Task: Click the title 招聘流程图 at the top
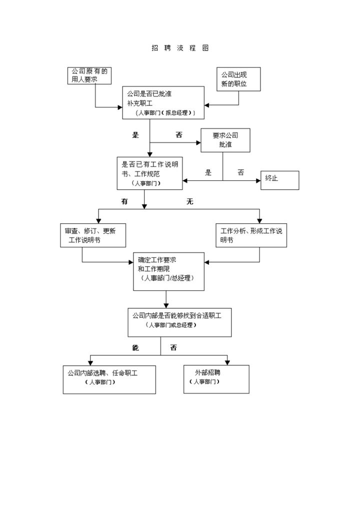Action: tap(180, 48)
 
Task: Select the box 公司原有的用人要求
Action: tap(89, 75)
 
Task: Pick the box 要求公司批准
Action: tap(225, 140)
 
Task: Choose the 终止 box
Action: tap(279, 180)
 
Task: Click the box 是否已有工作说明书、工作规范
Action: tap(149, 173)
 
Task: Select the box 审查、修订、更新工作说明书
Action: tap(92, 235)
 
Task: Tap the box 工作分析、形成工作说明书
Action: tap(251, 235)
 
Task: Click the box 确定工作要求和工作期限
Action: tap(168, 271)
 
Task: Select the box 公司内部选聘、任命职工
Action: tap(102, 379)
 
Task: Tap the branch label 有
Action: tap(124, 202)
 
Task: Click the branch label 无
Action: tap(189, 202)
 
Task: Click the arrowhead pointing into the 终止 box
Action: tap(258, 180)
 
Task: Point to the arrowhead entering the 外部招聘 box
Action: tap(228, 362)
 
